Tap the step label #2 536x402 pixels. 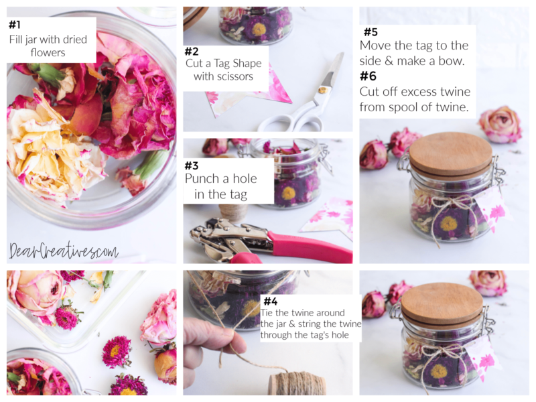pos(192,52)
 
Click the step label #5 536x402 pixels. pos(371,32)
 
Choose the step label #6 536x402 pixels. pos(368,76)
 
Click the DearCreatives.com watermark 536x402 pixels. pos(63,251)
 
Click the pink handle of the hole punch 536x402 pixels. pos(315,246)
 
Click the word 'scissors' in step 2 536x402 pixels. pos(234,76)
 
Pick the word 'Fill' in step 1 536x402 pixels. pos(17,40)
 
